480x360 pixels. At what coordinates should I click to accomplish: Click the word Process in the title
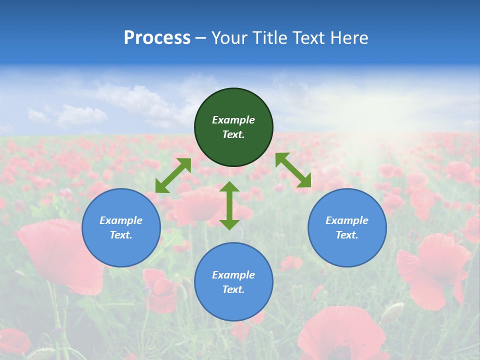tap(157, 38)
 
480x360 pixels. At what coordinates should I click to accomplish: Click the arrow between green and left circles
tap(173, 175)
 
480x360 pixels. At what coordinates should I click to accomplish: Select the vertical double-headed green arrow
tap(229, 205)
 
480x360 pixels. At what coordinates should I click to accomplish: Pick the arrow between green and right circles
tap(293, 170)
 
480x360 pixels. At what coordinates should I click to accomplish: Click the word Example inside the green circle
tap(233, 120)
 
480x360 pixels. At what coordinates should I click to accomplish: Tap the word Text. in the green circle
tap(233, 134)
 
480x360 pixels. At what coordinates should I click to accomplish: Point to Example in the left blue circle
tap(121, 220)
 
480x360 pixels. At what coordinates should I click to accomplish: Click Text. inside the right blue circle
tap(347, 235)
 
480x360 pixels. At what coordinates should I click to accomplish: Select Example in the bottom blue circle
tap(233, 275)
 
